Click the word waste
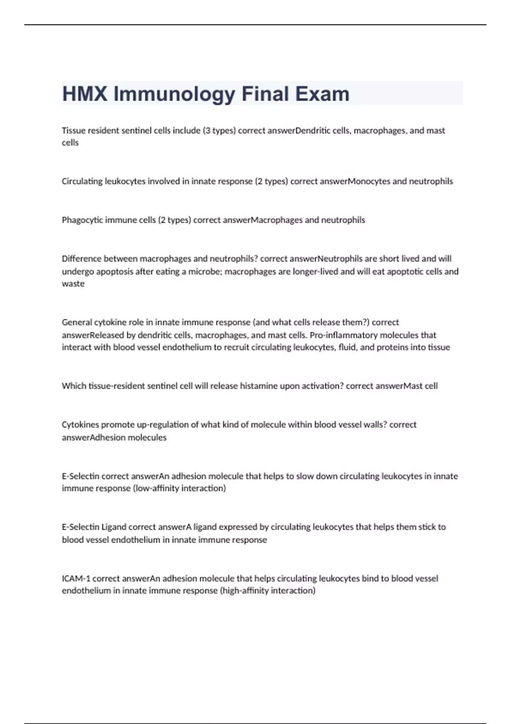coord(73,284)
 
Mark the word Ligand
coord(114,527)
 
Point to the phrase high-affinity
coord(244,591)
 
